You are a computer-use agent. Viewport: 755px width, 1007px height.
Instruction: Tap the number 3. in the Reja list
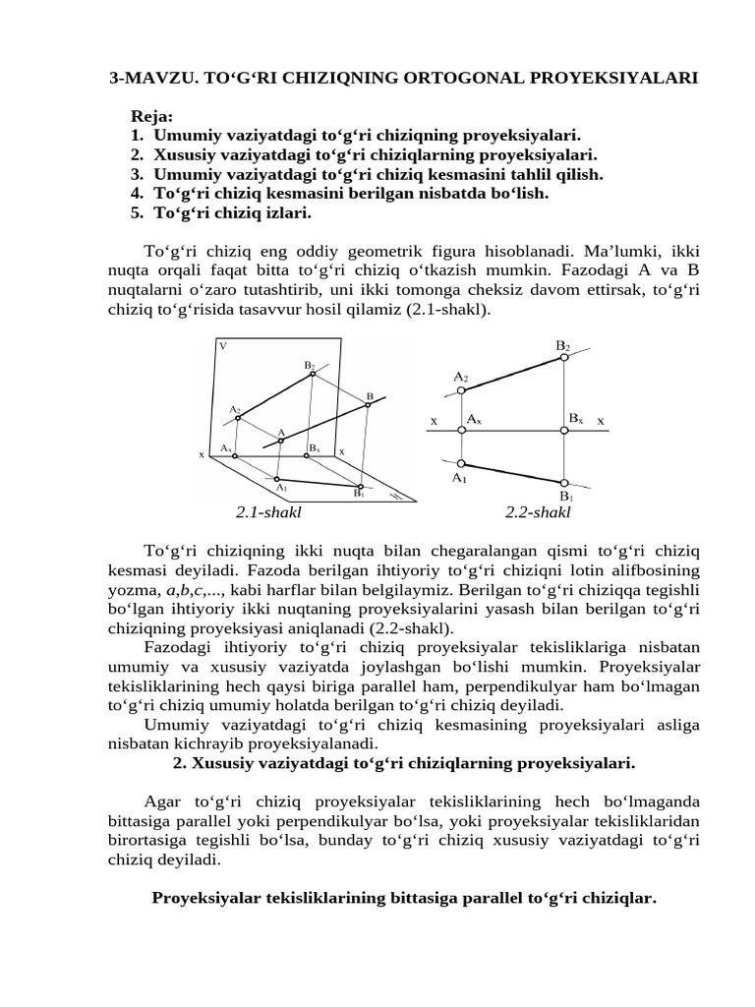[137, 174]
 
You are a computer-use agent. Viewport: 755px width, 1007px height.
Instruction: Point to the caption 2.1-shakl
[268, 512]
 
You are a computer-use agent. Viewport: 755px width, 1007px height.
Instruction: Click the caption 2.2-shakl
[538, 512]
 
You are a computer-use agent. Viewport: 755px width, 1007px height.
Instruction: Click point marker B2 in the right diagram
[563, 359]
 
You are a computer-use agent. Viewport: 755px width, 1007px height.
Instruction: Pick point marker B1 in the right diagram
[563, 482]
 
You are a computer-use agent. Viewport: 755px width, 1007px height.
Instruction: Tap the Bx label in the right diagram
[575, 419]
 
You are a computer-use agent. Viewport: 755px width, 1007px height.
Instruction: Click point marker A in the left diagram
[281, 441]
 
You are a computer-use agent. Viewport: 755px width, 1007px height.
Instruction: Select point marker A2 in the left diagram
[238, 417]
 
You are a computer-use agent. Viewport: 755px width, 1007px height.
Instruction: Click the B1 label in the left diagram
[360, 495]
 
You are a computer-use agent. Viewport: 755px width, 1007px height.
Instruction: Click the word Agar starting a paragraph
[164, 801]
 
